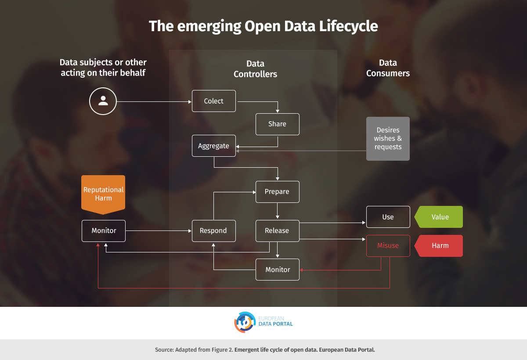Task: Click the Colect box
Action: tap(213, 101)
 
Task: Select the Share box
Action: tap(278, 124)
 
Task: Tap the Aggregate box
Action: tap(213, 146)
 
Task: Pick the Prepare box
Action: tap(278, 192)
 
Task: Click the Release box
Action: tap(278, 230)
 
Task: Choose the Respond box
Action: tap(213, 230)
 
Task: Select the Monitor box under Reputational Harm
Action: tap(104, 230)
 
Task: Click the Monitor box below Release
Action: tap(278, 270)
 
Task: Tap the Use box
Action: tap(388, 217)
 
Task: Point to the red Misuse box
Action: tap(388, 246)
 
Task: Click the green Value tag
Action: tap(439, 217)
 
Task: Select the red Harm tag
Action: tap(439, 246)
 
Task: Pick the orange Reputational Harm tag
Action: tap(103, 194)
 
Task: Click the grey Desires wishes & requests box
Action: tap(388, 139)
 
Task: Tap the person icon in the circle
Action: tap(103, 101)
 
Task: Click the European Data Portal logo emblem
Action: tap(245, 322)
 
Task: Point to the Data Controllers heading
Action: tap(255, 68)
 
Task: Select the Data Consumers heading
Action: tap(388, 68)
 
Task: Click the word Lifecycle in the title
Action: tap(348, 26)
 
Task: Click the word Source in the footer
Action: tap(164, 349)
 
